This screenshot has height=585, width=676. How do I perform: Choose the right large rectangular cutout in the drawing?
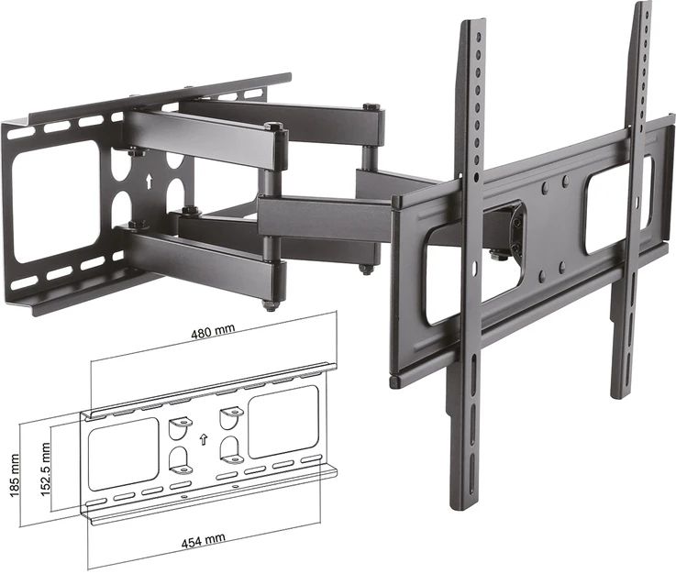click(283, 421)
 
